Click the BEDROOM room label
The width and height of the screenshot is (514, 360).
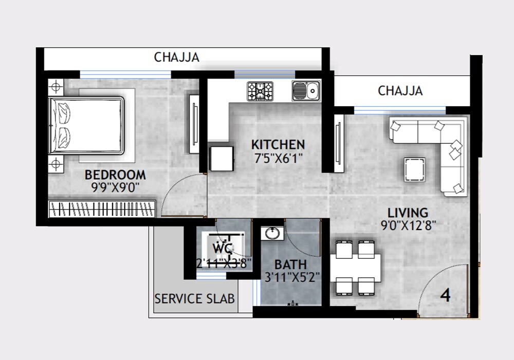click(115, 175)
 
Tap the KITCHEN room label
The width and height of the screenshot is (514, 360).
click(278, 144)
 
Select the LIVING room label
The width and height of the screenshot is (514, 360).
click(408, 212)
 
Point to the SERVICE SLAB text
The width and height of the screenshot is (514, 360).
click(195, 298)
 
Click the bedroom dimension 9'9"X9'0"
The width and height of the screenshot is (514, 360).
click(115, 187)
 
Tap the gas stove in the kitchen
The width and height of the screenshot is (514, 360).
click(260, 91)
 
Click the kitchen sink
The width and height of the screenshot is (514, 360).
click(306, 91)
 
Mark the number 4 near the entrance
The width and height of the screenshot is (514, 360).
click(446, 296)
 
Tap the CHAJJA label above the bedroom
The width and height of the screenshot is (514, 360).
click(176, 57)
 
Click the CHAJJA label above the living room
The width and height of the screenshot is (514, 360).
click(400, 91)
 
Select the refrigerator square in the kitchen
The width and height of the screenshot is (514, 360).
click(222, 158)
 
